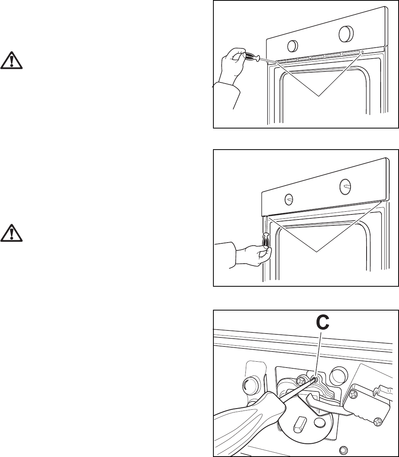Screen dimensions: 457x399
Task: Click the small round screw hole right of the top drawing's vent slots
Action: pyautogui.click(x=362, y=52)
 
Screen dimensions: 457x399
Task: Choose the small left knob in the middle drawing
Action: pyautogui.click(x=289, y=199)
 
